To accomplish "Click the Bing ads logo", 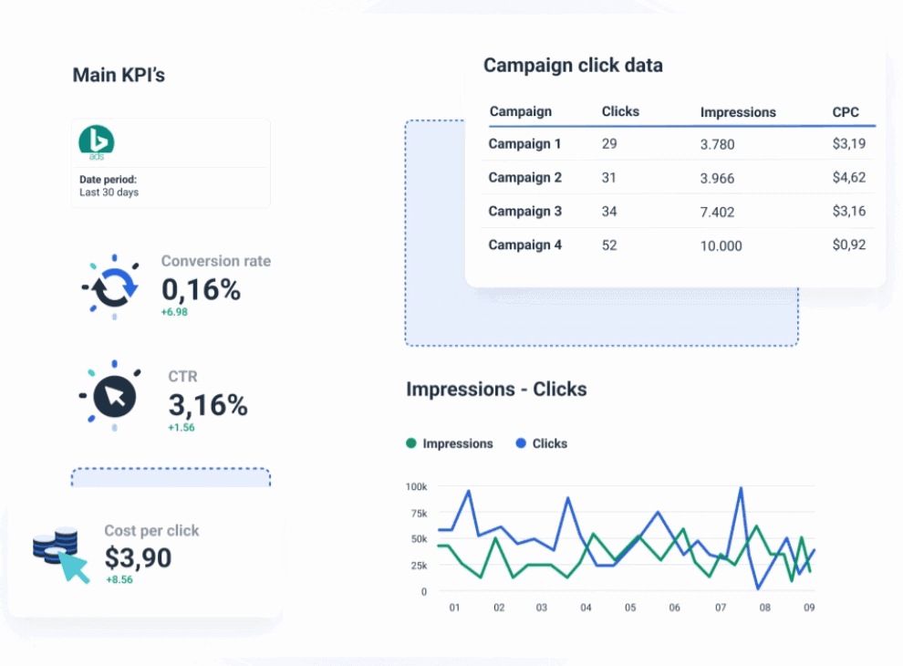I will pyautogui.click(x=96, y=142).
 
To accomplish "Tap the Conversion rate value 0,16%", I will pyautogui.click(x=202, y=289).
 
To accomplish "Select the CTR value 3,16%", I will pyautogui.click(x=208, y=404).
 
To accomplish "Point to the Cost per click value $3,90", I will pyautogui.click(x=138, y=557).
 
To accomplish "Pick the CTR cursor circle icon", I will pyautogui.click(x=114, y=395).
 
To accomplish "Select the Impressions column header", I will pyautogui.click(x=738, y=112).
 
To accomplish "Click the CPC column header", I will pyautogui.click(x=846, y=112).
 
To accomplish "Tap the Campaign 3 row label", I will pyautogui.click(x=525, y=211).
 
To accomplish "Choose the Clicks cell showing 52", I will pyautogui.click(x=609, y=245).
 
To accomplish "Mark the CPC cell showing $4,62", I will pyautogui.click(x=849, y=177).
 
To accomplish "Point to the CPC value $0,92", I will pyautogui.click(x=849, y=245).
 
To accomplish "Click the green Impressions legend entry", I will pyautogui.click(x=450, y=443).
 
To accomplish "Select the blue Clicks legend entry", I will pyautogui.click(x=541, y=443).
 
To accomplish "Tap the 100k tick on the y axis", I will pyautogui.click(x=416, y=486).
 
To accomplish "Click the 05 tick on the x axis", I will pyautogui.click(x=629, y=608).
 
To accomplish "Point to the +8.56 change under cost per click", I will pyautogui.click(x=119, y=579).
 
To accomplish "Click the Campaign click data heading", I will pyautogui.click(x=573, y=66).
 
